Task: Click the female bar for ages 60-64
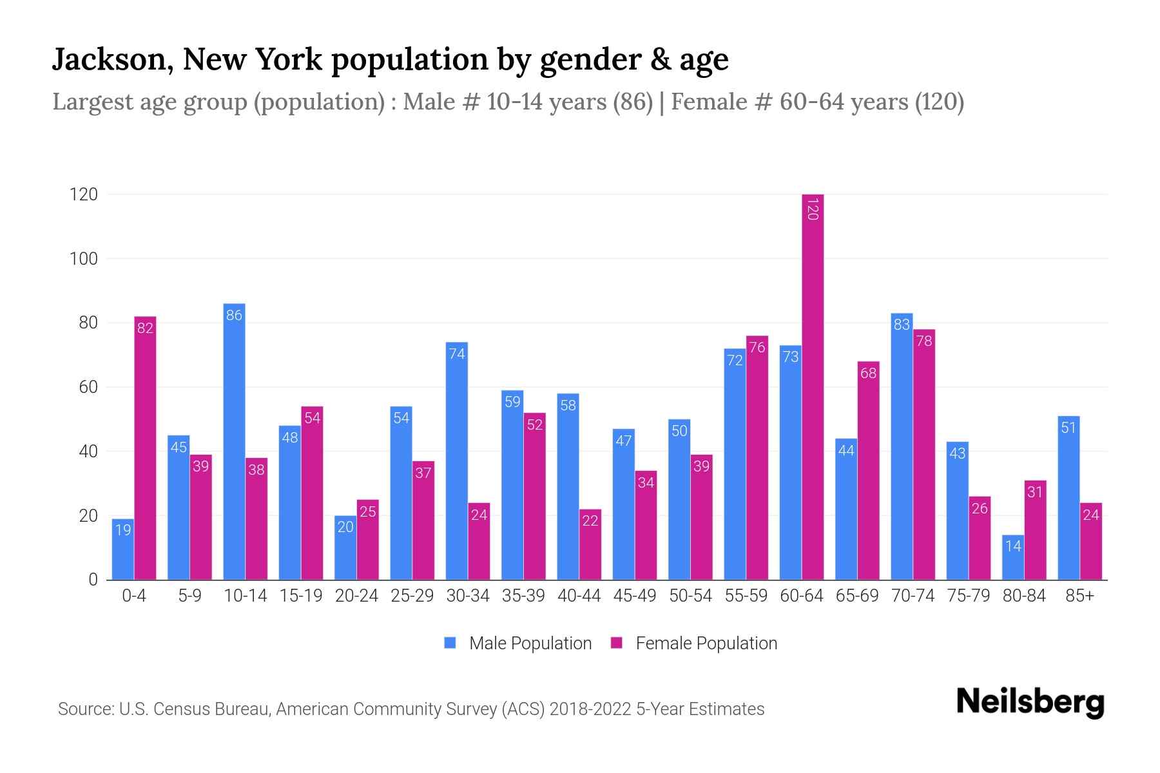point(813,386)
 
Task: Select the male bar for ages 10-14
point(234,442)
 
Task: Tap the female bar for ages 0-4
point(145,448)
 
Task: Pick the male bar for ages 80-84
point(1013,558)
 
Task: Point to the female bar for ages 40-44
point(590,545)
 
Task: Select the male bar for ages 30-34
point(456,461)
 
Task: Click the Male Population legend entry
point(518,644)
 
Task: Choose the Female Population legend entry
point(694,644)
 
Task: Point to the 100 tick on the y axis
point(84,259)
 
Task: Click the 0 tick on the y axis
point(93,580)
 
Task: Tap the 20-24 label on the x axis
point(356,596)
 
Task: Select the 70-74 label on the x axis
point(913,596)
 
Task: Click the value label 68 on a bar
point(868,373)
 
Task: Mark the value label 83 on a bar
point(902,325)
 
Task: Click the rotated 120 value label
point(813,209)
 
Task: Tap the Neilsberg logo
point(1030,703)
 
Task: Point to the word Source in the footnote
point(85,709)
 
